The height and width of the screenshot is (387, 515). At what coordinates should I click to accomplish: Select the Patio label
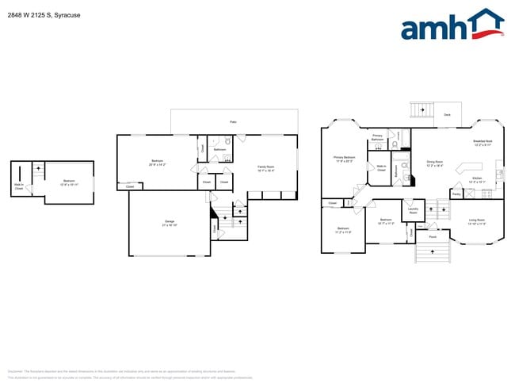[233, 122]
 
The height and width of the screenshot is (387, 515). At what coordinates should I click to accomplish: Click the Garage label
[170, 222]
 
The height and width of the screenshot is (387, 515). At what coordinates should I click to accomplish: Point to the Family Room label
[265, 168]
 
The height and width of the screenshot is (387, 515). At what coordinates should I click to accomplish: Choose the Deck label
[447, 115]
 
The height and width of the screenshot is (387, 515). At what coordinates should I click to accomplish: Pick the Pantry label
[456, 193]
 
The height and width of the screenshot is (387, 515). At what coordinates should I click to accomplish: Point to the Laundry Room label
[411, 211]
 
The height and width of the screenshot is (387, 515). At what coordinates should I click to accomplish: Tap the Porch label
[433, 236]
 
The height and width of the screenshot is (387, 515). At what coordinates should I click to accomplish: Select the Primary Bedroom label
[344, 159]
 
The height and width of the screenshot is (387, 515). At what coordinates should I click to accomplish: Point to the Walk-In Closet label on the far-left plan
[18, 187]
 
